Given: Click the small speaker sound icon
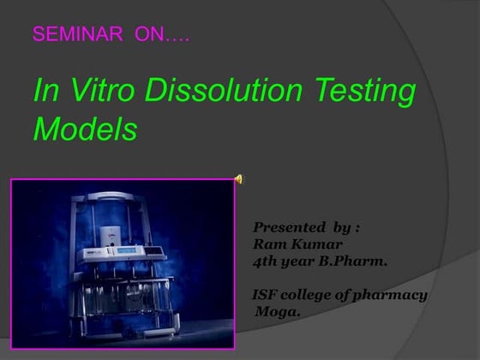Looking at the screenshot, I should click(x=239, y=179).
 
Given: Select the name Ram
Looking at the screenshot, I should click(x=267, y=244).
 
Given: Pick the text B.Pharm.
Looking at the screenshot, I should click(x=355, y=261).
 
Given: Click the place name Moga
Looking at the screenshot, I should click(x=279, y=312).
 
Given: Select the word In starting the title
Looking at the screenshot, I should click(x=45, y=91).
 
